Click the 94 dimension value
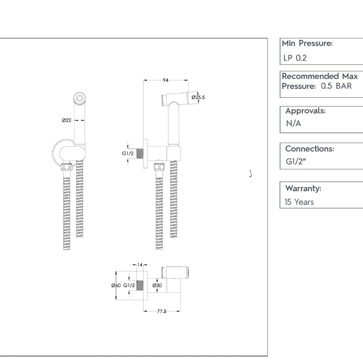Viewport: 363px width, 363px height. click(165, 80)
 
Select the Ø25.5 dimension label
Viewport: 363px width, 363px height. click(199, 97)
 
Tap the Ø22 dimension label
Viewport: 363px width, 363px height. click(67, 121)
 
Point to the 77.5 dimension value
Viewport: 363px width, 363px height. click(161, 311)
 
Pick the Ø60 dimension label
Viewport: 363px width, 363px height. click(116, 285)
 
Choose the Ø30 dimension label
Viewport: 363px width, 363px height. click(157, 285)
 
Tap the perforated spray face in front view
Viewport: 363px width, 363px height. click(80, 98)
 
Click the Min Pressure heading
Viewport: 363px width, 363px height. click(307, 44)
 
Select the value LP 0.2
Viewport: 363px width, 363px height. click(295, 58)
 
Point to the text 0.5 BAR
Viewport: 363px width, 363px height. click(336, 86)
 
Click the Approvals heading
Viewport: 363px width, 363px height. click(305, 111)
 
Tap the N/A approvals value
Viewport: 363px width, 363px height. click(294, 124)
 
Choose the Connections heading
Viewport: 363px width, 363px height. click(309, 149)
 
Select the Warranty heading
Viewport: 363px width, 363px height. click(303, 188)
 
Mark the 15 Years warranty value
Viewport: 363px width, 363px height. click(299, 202)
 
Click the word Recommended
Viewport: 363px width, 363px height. click(310, 76)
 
